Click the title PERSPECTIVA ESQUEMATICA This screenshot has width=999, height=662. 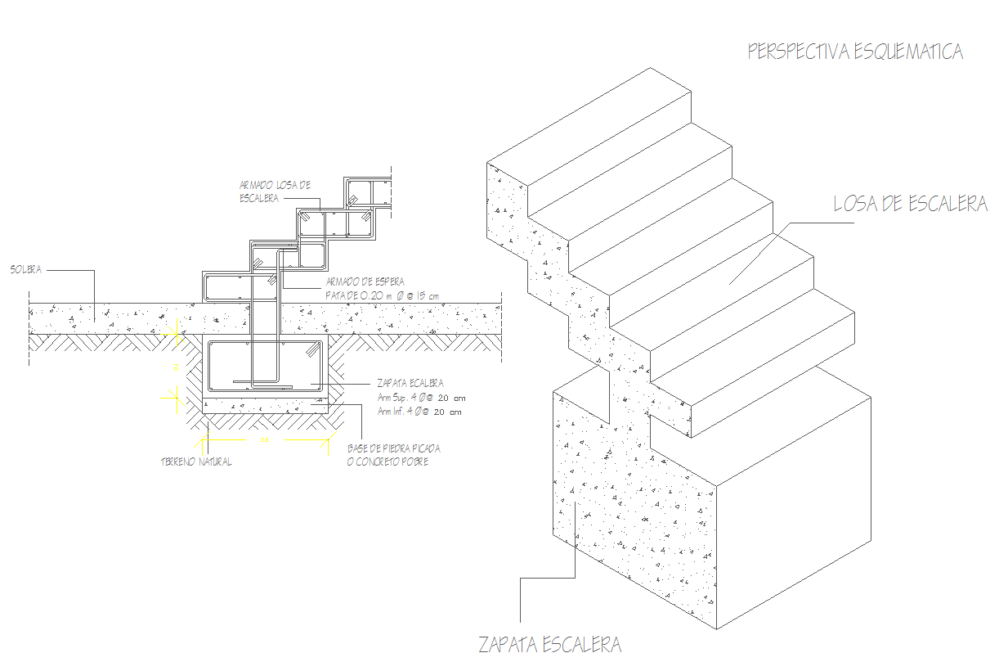click(x=855, y=52)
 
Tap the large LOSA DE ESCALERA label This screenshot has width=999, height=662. click(x=910, y=204)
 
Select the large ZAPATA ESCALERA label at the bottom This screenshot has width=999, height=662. click(x=550, y=645)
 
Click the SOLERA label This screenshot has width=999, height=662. click(x=26, y=268)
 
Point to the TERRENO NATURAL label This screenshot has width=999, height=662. click(x=195, y=462)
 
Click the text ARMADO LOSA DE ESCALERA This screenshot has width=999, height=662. click(x=275, y=191)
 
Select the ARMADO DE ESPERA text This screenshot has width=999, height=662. click(x=365, y=281)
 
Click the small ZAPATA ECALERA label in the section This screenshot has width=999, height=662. click(x=410, y=382)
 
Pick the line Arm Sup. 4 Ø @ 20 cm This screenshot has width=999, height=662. click(x=420, y=397)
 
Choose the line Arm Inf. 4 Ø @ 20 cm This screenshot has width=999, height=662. click(x=419, y=412)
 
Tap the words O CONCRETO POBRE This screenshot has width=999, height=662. click(x=388, y=462)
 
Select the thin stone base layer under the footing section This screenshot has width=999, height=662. click(x=265, y=405)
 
